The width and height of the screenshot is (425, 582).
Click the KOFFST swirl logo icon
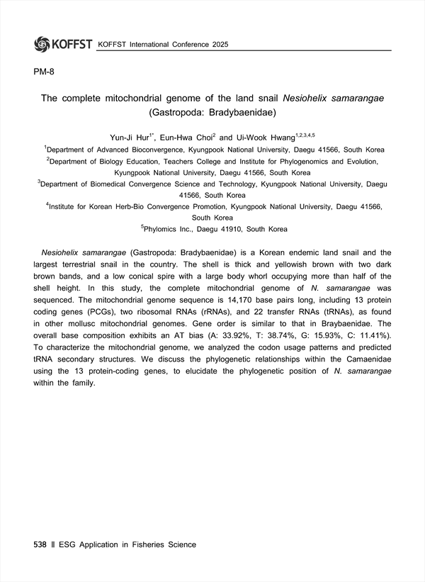(42, 44)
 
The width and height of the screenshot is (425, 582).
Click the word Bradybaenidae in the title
(243, 111)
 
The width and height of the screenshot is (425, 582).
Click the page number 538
(40, 544)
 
